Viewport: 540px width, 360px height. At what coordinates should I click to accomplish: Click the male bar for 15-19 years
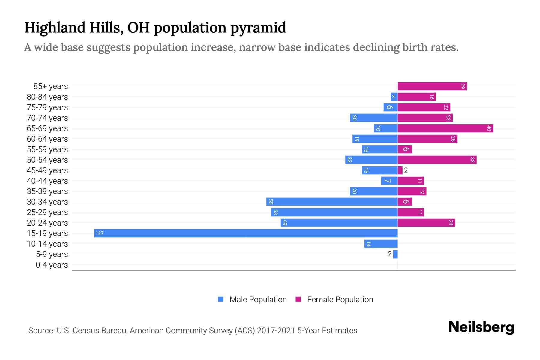(x=246, y=233)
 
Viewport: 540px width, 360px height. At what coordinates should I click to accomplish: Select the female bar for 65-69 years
(x=445, y=128)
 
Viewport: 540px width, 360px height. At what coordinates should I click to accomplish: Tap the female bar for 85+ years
(x=432, y=86)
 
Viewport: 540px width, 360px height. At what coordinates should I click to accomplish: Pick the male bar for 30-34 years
(x=332, y=202)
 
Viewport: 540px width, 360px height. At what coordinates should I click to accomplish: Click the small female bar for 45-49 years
(x=400, y=170)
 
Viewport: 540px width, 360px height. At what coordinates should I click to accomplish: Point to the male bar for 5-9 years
(x=395, y=254)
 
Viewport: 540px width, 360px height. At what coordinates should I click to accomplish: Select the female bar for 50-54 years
(x=437, y=160)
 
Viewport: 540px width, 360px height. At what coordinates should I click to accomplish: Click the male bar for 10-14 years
(x=381, y=244)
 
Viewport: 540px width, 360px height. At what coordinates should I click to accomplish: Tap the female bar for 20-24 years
(x=426, y=223)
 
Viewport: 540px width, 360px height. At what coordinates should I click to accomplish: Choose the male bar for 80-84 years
(x=394, y=97)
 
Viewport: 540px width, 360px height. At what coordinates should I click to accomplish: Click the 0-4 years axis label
(x=52, y=265)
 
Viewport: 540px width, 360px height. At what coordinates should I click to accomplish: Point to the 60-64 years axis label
(x=47, y=139)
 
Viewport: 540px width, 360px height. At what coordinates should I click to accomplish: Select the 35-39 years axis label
(x=47, y=191)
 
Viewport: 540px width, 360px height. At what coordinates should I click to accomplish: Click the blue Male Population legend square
(x=221, y=299)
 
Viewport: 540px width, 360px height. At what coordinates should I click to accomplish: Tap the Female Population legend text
(x=340, y=300)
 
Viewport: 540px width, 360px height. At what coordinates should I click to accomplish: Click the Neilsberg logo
(x=481, y=327)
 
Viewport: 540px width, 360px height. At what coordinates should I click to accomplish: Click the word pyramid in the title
(x=258, y=28)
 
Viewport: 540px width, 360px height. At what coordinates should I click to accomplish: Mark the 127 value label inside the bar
(x=100, y=233)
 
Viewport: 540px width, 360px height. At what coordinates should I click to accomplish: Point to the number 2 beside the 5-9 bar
(x=389, y=254)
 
